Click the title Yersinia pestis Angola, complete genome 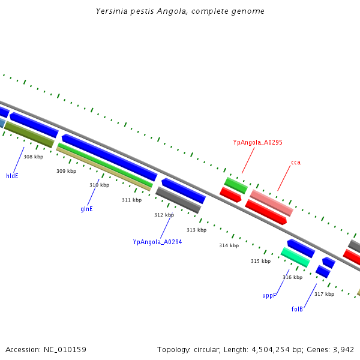coord(180,11)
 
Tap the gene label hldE coord(12,176)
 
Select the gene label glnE coord(86,209)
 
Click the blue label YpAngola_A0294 coord(157,242)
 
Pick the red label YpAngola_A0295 coord(257,142)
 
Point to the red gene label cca coord(295,162)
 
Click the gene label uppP coord(269,295)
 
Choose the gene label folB coord(297,309)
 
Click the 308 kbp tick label coord(34,157)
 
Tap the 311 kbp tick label coord(131,200)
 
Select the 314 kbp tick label coord(229,245)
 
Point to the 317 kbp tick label coord(324,294)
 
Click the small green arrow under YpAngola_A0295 coord(236,185)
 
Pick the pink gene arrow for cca coord(271,203)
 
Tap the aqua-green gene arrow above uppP coord(295,257)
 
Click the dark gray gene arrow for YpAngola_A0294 coord(178,200)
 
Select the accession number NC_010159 coord(65,349)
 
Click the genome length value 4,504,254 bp coord(280,349)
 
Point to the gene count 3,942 coord(343,349)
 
